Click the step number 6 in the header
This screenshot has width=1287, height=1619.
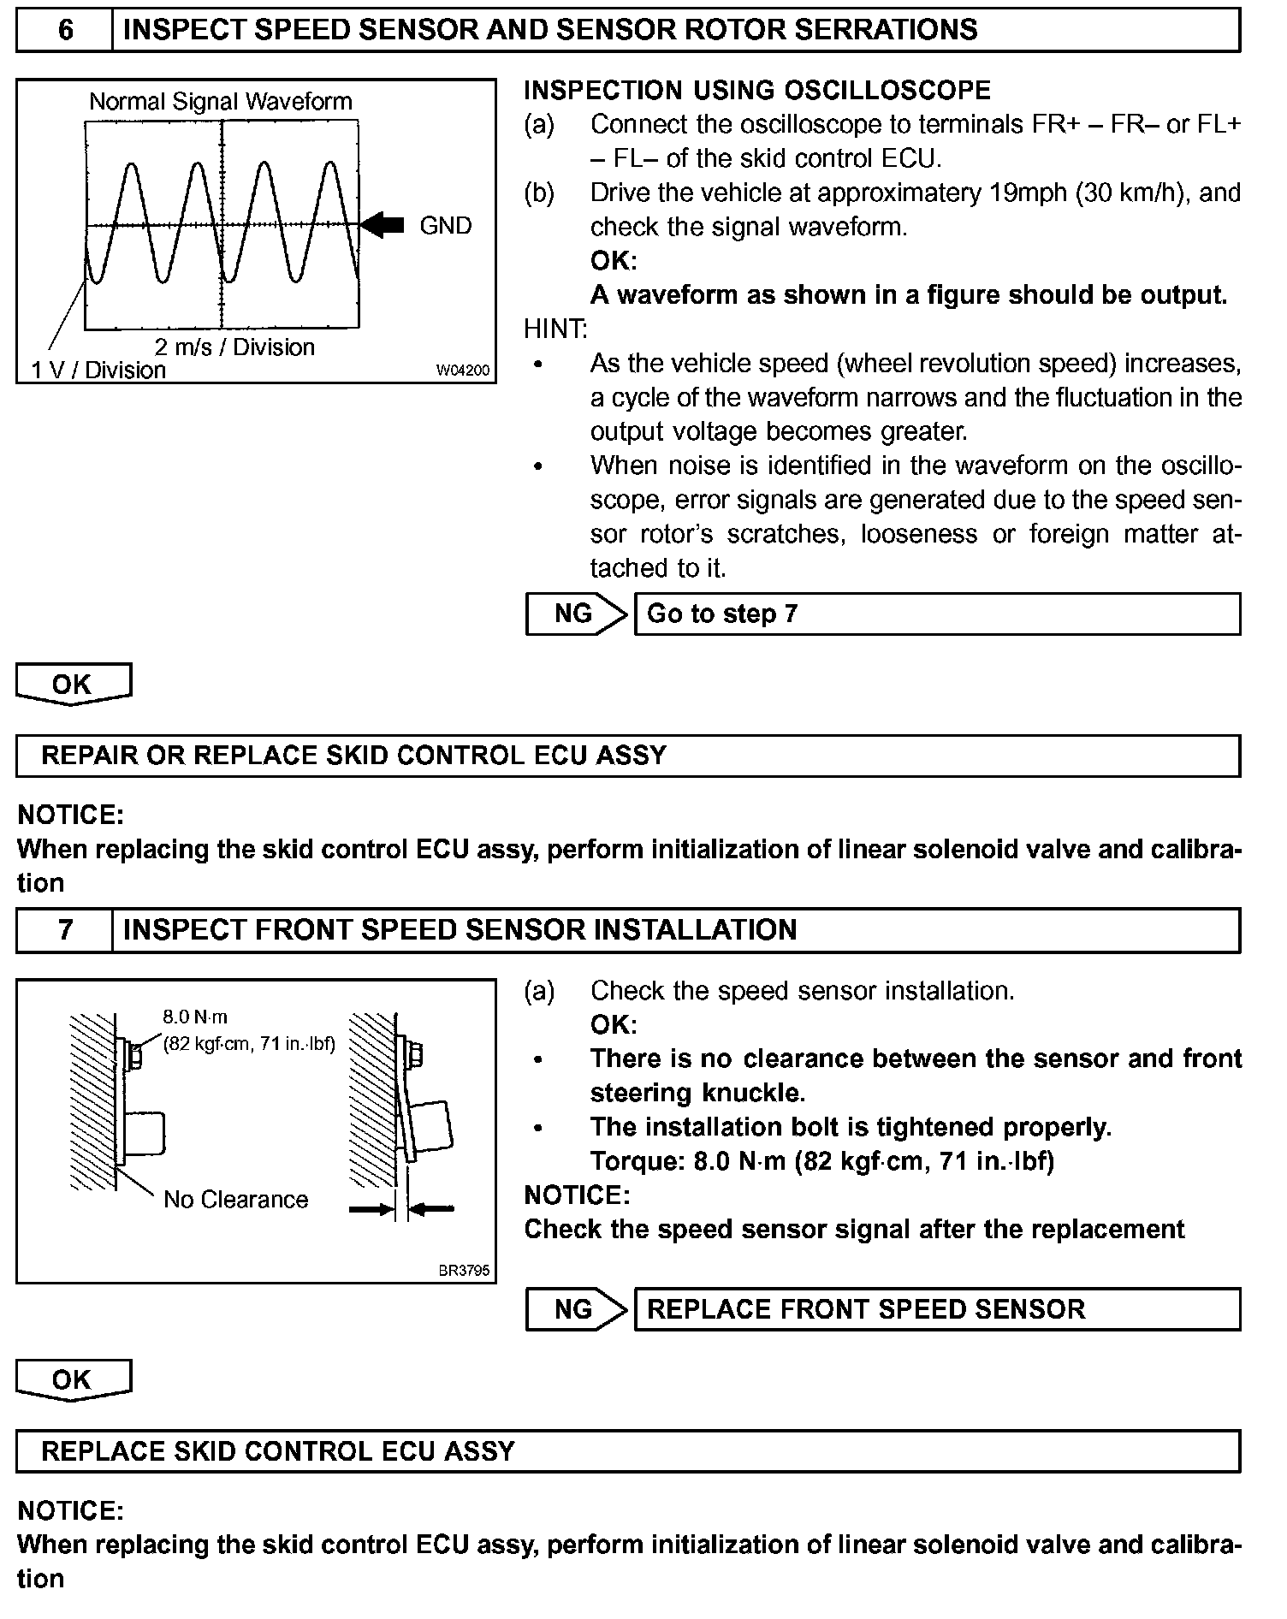(65, 30)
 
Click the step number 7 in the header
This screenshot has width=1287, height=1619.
(65, 930)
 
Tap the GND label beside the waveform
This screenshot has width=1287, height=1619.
(445, 226)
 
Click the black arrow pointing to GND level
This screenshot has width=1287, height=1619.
(382, 225)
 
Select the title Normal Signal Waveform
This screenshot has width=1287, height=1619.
(221, 102)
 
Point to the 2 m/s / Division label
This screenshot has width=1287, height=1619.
(234, 347)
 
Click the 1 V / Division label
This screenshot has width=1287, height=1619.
(98, 370)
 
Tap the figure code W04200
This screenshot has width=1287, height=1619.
(463, 371)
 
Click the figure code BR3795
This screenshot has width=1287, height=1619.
(464, 1271)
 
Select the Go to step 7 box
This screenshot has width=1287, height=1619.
(936, 614)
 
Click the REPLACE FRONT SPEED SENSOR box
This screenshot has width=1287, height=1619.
(936, 1309)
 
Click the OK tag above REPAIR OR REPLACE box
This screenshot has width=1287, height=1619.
(73, 685)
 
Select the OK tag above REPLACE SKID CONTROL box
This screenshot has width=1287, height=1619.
(73, 1379)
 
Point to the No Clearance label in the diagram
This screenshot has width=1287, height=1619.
(235, 1200)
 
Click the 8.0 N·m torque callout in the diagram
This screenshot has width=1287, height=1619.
(196, 1017)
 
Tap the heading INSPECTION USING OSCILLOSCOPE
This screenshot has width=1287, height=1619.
(756, 91)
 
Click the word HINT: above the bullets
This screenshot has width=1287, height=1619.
(555, 329)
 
